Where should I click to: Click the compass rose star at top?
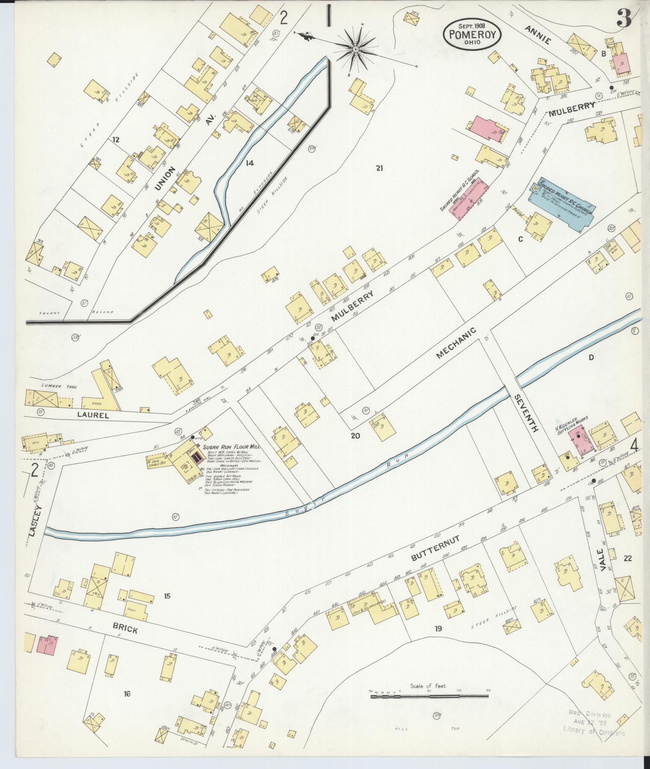click(355, 49)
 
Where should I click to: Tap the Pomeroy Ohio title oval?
click(472, 35)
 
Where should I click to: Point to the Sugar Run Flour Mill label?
click(231, 447)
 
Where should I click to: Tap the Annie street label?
click(537, 35)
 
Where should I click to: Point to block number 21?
click(379, 168)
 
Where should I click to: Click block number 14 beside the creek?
click(250, 163)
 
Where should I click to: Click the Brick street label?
click(125, 630)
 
